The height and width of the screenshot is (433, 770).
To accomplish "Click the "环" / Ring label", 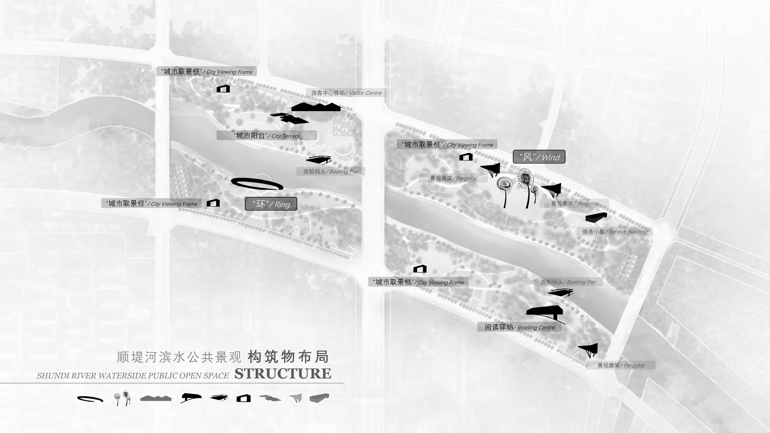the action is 271,204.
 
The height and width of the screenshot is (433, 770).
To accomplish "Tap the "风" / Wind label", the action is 539,157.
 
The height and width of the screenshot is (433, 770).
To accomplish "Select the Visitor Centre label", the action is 346,93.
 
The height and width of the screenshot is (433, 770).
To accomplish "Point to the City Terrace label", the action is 267,136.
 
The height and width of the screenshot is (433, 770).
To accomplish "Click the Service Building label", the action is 615,231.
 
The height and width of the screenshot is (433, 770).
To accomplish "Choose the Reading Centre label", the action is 519,327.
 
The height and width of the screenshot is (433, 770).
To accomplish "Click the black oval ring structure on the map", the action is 257,183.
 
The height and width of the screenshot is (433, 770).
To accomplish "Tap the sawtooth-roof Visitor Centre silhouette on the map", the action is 316,107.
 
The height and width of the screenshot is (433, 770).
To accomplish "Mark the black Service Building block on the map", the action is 596,217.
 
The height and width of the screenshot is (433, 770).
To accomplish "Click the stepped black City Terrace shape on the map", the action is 289,118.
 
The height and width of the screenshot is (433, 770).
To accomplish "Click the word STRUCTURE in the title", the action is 283,374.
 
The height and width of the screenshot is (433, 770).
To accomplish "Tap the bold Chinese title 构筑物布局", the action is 288,356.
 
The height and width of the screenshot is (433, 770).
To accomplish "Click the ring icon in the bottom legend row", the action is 90,399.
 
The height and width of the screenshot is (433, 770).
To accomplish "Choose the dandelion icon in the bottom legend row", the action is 122,399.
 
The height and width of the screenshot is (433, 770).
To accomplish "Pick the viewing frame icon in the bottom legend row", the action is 243,398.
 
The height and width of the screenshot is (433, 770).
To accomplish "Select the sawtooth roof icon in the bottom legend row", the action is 156,398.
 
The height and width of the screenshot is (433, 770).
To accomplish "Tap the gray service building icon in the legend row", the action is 320,398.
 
